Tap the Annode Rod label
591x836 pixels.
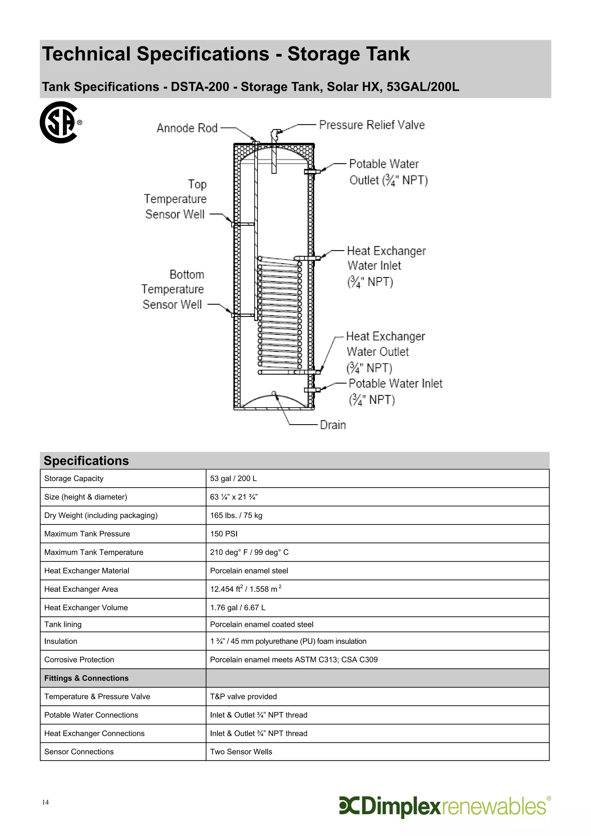(187, 128)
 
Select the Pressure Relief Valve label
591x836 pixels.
(372, 125)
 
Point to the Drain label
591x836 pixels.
(333, 425)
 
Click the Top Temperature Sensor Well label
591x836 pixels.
(175, 199)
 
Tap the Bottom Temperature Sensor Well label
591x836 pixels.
(173, 289)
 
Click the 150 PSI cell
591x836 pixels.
(224, 534)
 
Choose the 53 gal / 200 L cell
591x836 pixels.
(233, 478)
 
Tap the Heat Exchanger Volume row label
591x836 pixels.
(86, 608)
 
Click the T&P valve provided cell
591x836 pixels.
(243, 697)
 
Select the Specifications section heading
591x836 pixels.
(86, 461)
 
